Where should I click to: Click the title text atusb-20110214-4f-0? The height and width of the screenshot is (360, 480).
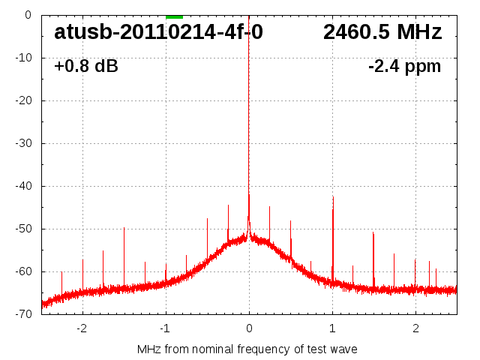tap(158, 32)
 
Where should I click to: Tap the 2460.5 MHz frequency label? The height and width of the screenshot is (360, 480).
tap(382, 32)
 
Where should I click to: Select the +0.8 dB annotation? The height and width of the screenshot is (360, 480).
tap(86, 67)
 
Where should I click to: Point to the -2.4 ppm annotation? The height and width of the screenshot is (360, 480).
tap(404, 67)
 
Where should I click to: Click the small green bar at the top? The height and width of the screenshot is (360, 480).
tap(174, 16)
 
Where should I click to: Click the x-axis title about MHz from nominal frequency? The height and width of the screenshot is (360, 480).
tap(247, 349)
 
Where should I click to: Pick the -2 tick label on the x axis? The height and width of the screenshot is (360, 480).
tap(82, 328)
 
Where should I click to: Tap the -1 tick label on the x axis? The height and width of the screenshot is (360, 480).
tap(166, 328)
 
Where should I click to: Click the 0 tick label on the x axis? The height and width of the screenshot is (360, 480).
tap(249, 328)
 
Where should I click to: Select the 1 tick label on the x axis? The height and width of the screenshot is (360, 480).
tap(332, 328)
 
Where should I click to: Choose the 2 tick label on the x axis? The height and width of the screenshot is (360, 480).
tap(415, 328)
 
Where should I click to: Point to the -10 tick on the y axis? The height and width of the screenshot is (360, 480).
tap(26, 58)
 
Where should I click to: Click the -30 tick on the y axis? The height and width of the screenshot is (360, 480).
tap(26, 143)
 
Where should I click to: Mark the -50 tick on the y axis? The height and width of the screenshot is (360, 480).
tap(26, 229)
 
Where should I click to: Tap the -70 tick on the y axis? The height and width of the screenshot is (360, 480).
tap(26, 314)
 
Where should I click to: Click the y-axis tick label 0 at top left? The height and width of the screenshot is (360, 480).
tap(28, 15)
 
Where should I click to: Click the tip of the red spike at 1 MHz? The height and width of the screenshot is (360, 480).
tap(333, 196)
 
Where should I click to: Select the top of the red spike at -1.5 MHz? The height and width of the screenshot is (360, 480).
tap(124, 227)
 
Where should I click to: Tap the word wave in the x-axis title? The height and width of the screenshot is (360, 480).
tap(343, 349)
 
